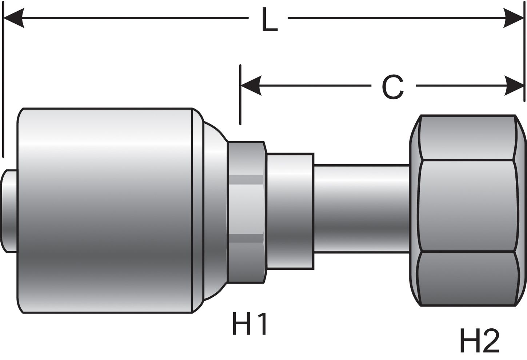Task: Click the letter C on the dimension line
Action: click(x=393, y=87)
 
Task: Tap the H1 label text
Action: click(x=250, y=324)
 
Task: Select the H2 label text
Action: click(x=480, y=340)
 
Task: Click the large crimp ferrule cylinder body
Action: click(x=105, y=210)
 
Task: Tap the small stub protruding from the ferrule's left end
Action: click(x=9, y=210)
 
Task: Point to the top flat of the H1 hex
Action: click(x=246, y=158)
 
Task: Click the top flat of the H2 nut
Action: click(x=467, y=138)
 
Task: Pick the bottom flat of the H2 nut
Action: click(x=467, y=278)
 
